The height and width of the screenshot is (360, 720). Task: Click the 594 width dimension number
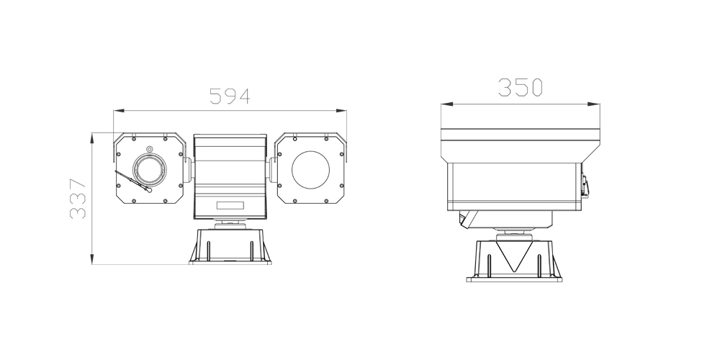pos(230,96)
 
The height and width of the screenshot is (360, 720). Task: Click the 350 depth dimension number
pos(520,88)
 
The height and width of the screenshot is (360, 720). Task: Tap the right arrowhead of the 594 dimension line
pos(340,110)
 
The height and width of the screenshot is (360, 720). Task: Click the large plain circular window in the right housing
pos(310,171)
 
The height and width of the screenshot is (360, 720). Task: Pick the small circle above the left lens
pos(150,149)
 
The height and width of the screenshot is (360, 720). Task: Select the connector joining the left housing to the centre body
pos(189,171)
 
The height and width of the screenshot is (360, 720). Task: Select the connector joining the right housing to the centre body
pos(273,171)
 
